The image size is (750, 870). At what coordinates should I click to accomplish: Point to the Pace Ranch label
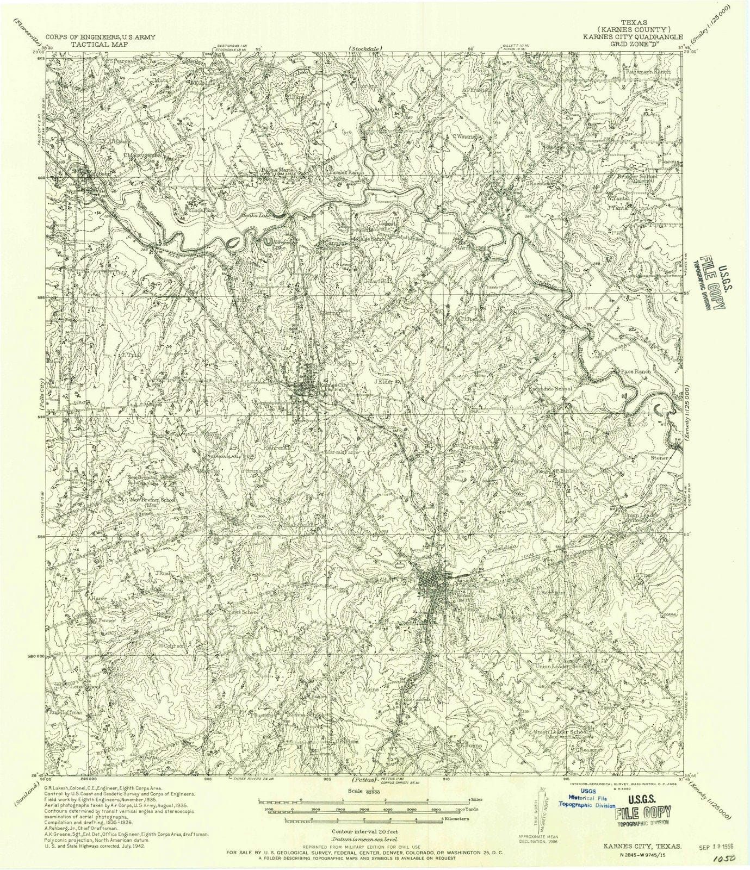coord(635,371)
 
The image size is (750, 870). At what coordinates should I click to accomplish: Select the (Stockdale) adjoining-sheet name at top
coord(366,49)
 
